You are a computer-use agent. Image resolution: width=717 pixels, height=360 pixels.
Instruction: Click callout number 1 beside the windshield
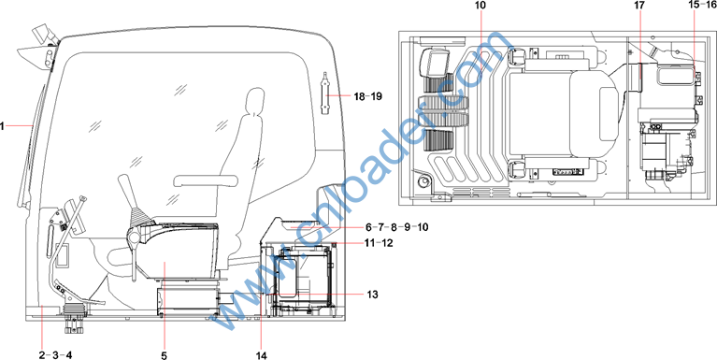[2, 125]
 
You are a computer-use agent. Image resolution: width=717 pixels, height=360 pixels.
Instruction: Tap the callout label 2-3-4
[55, 354]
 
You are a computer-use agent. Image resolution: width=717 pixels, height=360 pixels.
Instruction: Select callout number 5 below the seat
[165, 354]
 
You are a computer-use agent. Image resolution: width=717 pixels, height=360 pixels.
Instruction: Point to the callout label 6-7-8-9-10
[396, 227]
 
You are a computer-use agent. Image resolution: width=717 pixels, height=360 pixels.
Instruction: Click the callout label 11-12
[380, 243]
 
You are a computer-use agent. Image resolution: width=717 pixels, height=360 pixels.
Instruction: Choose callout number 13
[372, 295]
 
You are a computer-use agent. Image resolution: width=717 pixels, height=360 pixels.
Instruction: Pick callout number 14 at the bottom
[261, 354]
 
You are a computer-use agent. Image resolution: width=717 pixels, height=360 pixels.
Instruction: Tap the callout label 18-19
[367, 96]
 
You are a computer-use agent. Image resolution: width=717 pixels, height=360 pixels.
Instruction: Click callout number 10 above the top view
[480, 5]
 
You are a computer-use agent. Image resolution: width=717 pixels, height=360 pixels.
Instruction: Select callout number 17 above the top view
[638, 5]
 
